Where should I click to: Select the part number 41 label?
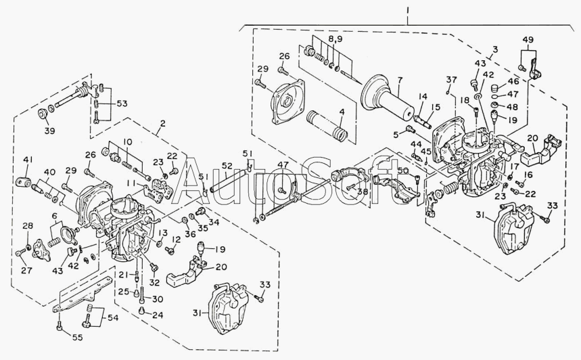(x=28, y=160)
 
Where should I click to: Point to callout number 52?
(x=227, y=166)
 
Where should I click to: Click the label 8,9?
(x=335, y=40)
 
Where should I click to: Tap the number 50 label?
(x=403, y=171)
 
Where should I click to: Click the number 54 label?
(x=112, y=318)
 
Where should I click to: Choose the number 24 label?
(x=157, y=315)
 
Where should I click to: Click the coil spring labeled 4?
(x=327, y=125)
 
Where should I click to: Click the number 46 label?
(x=513, y=81)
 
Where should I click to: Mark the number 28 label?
(x=28, y=225)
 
